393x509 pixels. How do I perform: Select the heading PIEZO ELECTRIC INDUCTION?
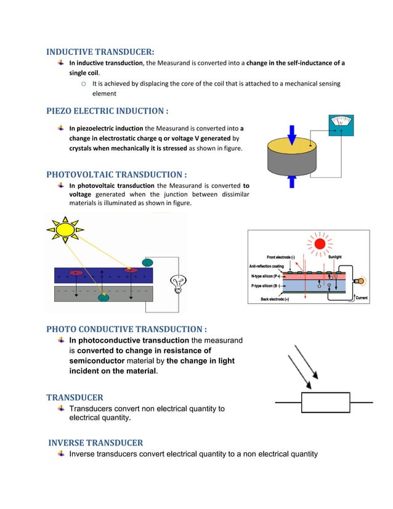pos(107,111)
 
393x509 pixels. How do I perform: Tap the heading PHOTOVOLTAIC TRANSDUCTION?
pos(116,174)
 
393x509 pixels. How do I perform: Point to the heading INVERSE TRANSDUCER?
pos(95,442)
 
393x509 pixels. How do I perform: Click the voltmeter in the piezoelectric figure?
pos(339,124)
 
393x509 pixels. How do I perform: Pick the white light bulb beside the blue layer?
pos(179,283)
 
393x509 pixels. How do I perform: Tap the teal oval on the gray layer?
pos(103,298)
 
